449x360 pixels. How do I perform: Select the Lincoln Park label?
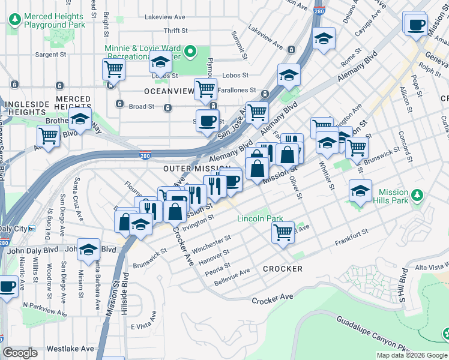pyautogui.click(x=259, y=219)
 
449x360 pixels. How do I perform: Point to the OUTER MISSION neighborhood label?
pyautogui.click(x=197, y=169)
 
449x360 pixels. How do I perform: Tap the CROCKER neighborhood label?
pyautogui.click(x=282, y=269)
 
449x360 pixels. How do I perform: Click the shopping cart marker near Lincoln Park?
pyautogui.click(x=282, y=232)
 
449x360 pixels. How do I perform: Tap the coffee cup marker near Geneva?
pyautogui.click(x=415, y=26)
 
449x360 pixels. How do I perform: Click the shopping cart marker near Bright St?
pyautogui.click(x=113, y=69)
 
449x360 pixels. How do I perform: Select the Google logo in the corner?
pyautogui.click(x=20, y=353)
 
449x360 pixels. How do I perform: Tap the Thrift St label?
pyautogui.click(x=176, y=31)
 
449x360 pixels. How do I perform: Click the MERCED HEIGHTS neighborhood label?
pyautogui.click(x=73, y=99)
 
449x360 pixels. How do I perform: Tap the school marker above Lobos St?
pyautogui.click(x=160, y=62)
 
